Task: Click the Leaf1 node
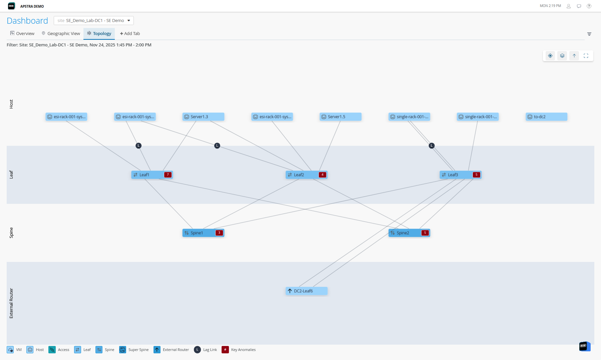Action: [147, 175]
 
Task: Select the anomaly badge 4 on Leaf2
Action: [322, 175]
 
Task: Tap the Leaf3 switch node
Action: [456, 175]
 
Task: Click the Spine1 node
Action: [199, 233]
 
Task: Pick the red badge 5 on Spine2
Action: [425, 233]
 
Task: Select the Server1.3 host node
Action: [203, 117]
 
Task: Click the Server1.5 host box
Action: [340, 117]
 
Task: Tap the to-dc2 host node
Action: [546, 117]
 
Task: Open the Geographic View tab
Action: [61, 33]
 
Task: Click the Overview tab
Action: [22, 33]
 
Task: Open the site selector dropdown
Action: [94, 20]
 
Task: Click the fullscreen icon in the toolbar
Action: [586, 56]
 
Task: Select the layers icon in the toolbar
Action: [562, 56]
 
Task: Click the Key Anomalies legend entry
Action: [239, 350]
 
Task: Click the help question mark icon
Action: [589, 6]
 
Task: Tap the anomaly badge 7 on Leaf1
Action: [168, 175]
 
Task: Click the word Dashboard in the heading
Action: [27, 21]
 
